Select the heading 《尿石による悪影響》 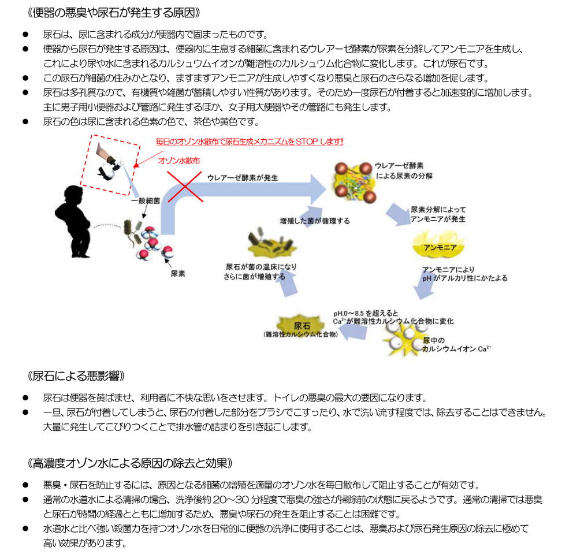(76, 376)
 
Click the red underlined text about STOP (250, 141)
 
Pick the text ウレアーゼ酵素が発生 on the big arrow (242, 178)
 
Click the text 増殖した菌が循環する (314, 221)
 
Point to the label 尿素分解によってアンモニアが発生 (437, 214)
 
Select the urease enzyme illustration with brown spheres (351, 182)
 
